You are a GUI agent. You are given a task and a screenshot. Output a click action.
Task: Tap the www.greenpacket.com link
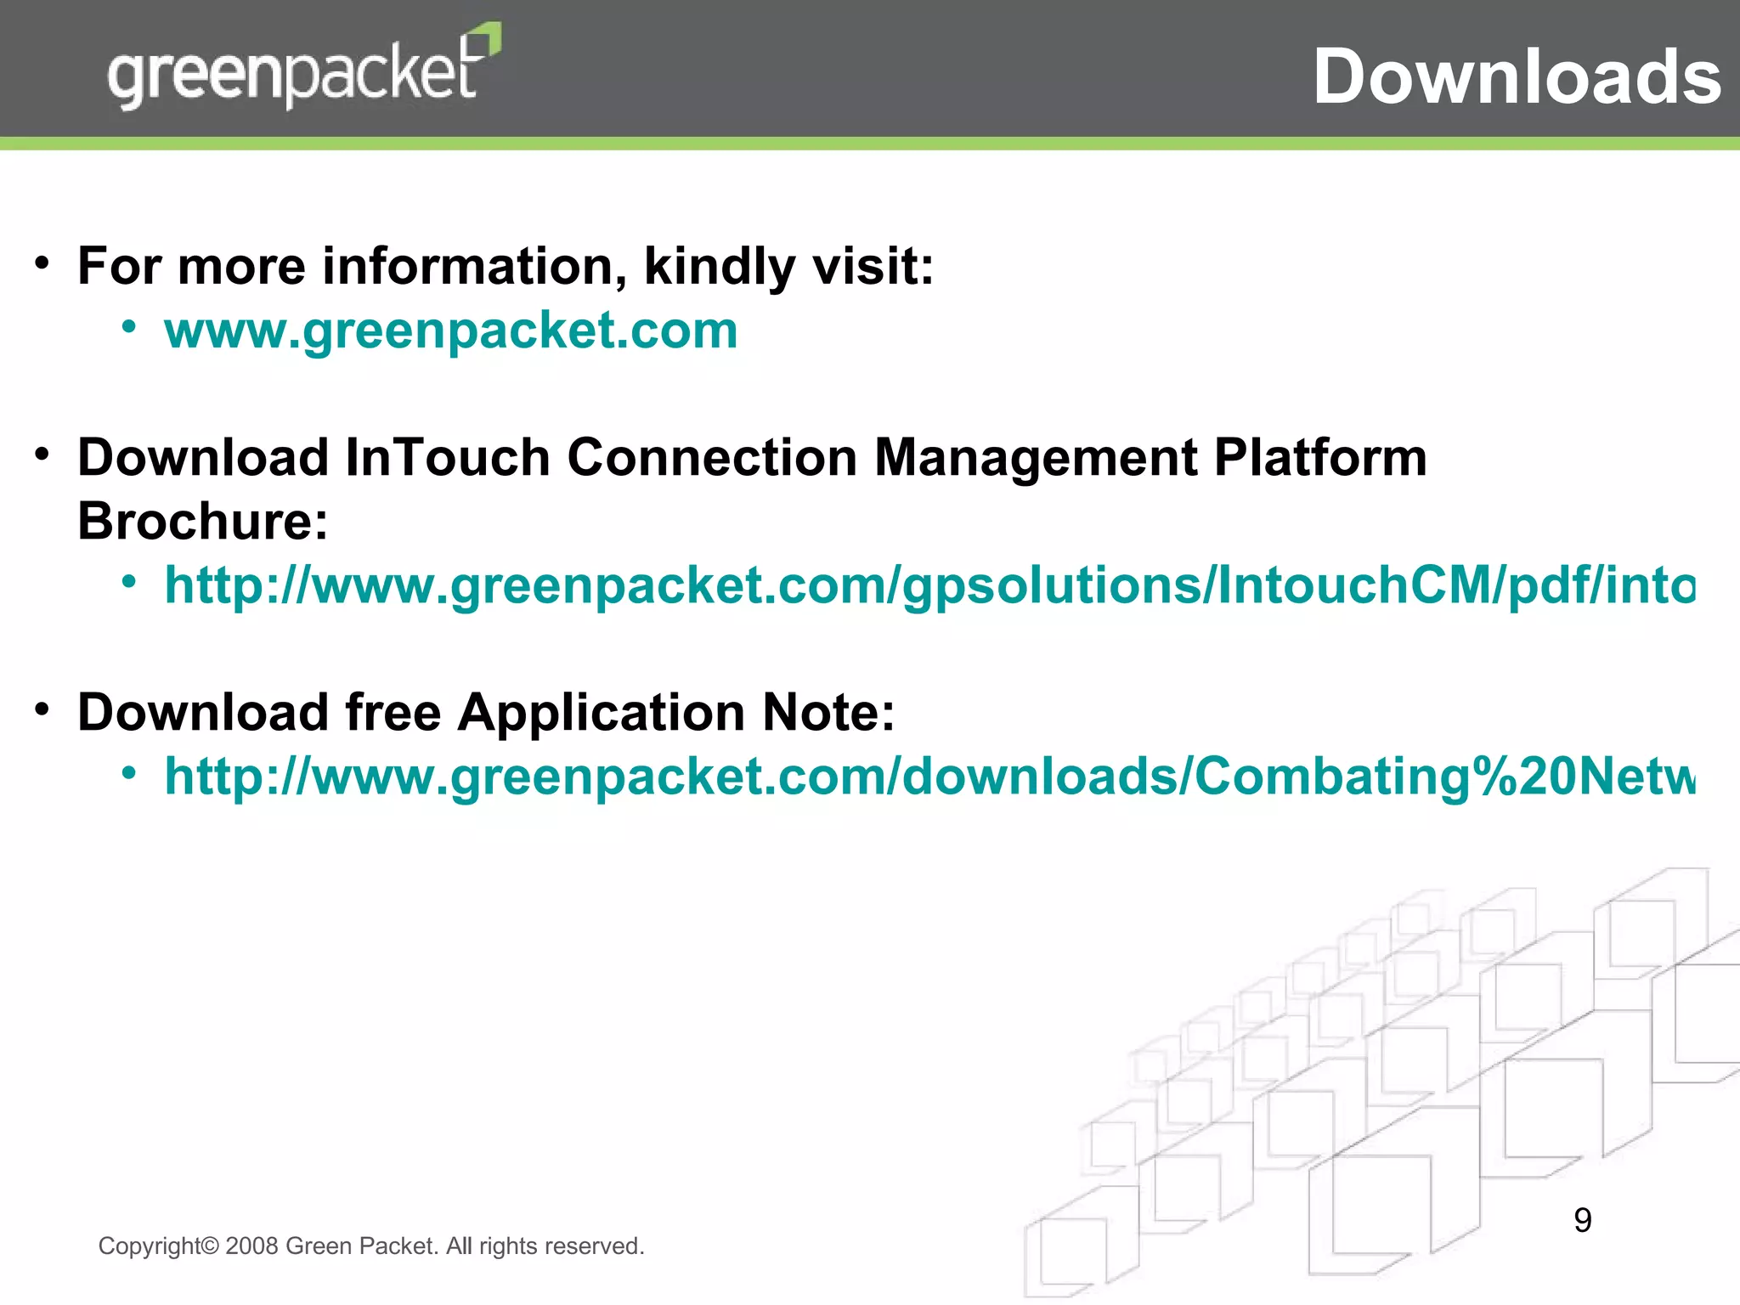coord(451,330)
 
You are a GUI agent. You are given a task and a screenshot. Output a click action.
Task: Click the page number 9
coord(1582,1221)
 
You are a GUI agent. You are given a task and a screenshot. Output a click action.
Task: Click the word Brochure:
coord(203,521)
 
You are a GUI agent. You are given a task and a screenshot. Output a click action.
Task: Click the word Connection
coord(712,457)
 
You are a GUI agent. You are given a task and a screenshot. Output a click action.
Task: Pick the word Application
coord(602,713)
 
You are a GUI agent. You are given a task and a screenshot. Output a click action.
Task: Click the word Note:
coord(828,712)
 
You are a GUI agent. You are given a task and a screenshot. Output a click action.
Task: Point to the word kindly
coord(720,268)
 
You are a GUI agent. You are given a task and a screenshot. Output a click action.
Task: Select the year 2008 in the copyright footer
coord(252,1246)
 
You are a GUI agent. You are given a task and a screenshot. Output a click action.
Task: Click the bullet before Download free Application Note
coord(42,709)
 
